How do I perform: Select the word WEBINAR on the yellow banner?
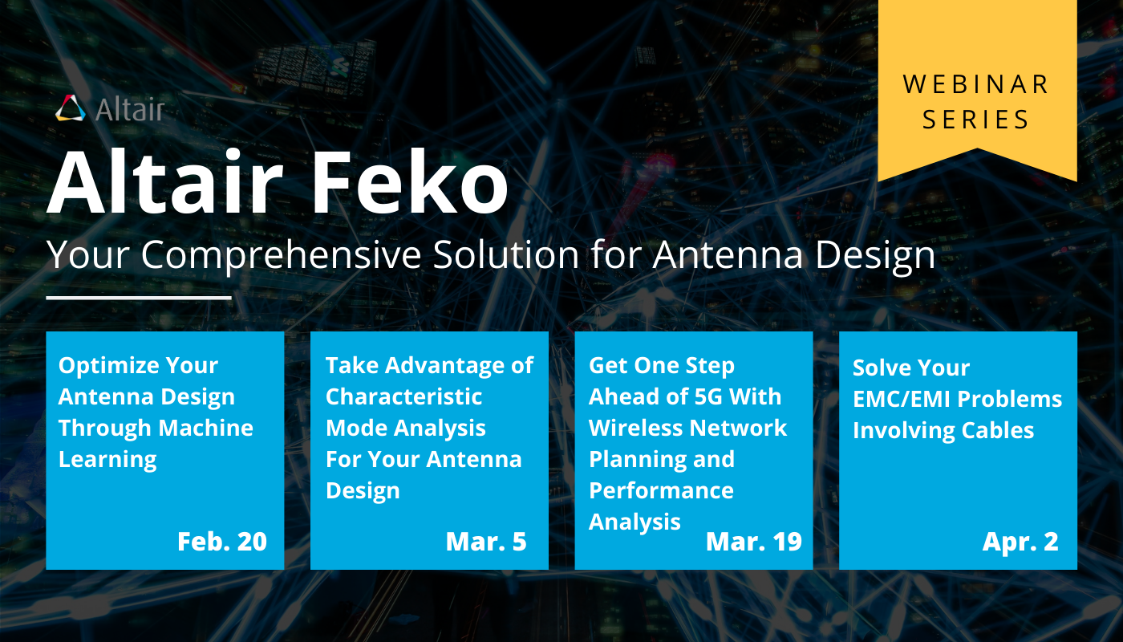(976, 84)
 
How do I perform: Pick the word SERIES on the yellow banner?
(976, 120)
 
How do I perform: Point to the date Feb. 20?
(222, 542)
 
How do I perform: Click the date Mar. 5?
(486, 542)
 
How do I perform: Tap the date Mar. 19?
(753, 542)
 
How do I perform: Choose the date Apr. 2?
(1020, 542)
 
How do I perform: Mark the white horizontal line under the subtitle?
(139, 297)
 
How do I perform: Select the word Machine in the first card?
(207, 428)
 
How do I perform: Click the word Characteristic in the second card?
(403, 396)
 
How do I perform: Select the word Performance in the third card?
(661, 490)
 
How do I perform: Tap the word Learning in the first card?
(107, 459)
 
